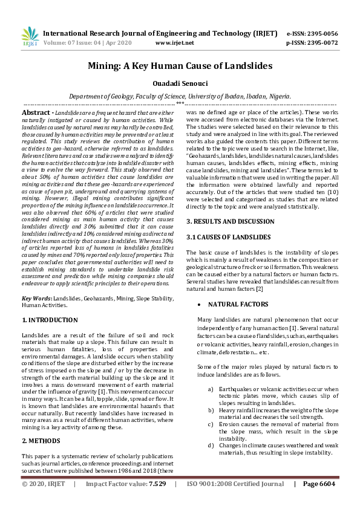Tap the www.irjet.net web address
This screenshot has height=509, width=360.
click(174, 43)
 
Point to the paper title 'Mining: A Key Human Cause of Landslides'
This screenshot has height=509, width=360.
click(180, 65)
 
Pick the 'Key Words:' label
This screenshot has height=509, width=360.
click(37, 299)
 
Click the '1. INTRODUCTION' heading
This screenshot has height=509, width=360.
click(50, 318)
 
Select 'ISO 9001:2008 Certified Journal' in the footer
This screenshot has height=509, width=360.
click(234, 501)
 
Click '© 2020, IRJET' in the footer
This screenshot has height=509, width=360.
click(44, 501)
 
